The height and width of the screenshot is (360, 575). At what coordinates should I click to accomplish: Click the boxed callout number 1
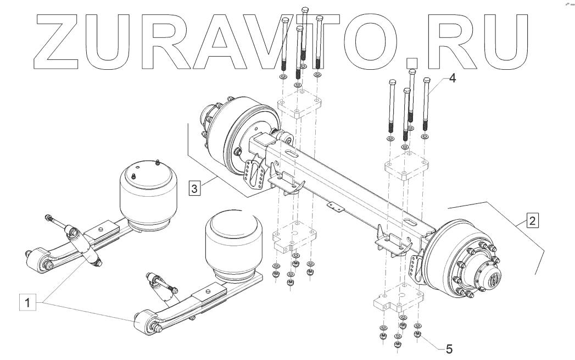click(x=29, y=302)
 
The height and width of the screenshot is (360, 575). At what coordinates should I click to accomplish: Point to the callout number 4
click(x=452, y=78)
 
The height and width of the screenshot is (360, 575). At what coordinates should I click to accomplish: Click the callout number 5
click(x=449, y=348)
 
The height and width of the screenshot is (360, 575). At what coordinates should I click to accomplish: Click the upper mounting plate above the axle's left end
click(x=299, y=107)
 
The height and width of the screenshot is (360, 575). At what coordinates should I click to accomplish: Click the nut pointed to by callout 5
click(x=417, y=334)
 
